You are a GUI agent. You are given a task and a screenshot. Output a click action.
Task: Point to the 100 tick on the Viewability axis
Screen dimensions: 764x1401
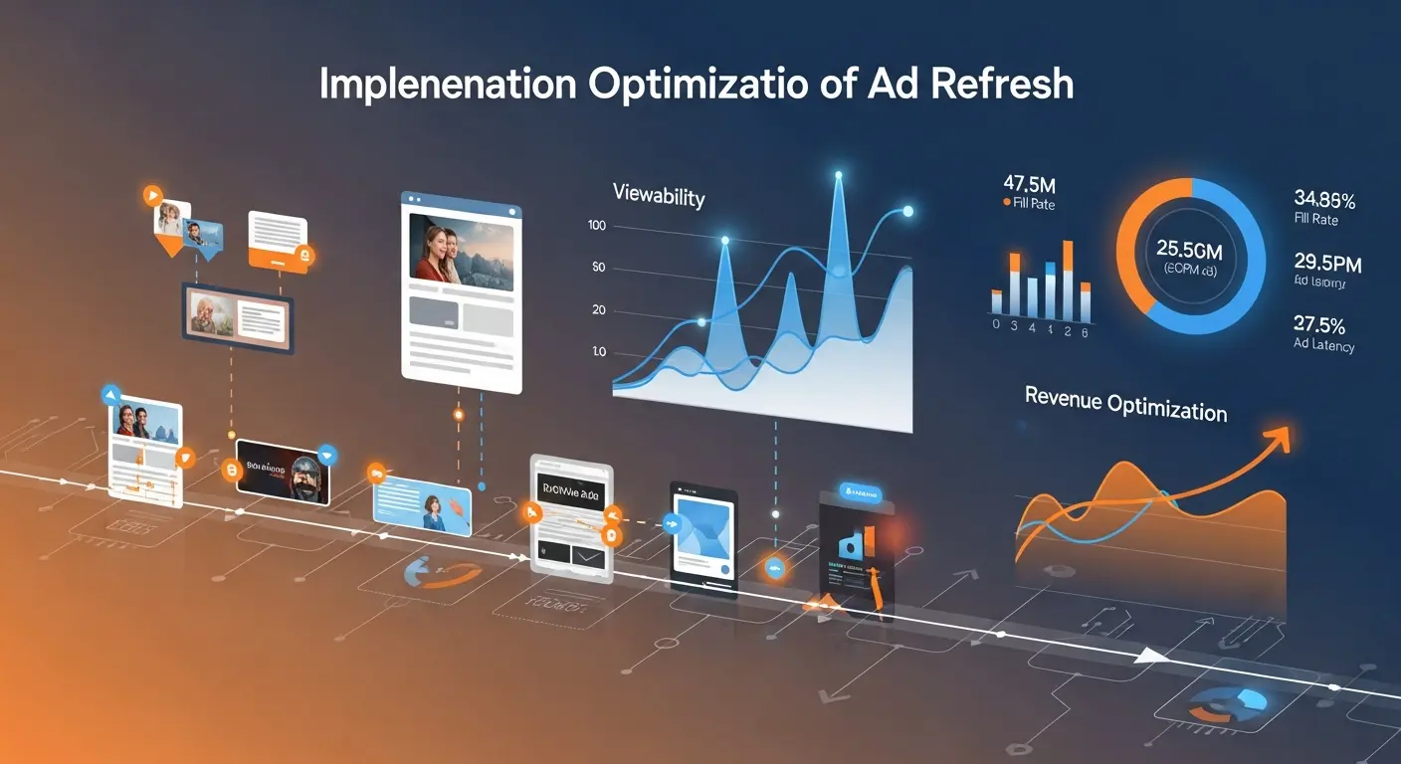coord(597,226)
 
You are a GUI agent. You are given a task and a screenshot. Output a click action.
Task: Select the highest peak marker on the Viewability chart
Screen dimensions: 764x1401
coord(838,176)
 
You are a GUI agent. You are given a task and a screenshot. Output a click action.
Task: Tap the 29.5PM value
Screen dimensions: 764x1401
coord(1327,264)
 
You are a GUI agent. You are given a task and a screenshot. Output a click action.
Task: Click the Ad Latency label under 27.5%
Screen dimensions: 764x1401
coord(1323,345)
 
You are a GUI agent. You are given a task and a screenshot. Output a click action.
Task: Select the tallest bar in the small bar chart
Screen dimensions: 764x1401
coord(1068,279)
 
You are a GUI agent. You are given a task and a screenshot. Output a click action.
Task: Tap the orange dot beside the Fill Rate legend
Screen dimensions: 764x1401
coord(1006,203)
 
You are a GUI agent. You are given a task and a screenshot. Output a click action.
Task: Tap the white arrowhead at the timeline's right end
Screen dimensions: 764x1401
coord(1151,655)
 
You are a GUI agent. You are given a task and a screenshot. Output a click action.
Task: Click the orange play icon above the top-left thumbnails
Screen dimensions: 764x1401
coord(152,195)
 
